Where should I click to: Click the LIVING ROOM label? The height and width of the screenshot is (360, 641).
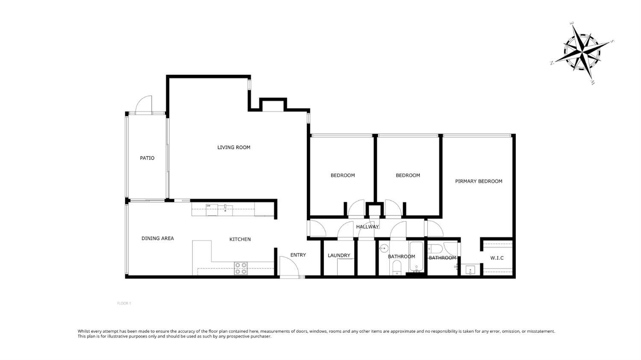pyautogui.click(x=234, y=148)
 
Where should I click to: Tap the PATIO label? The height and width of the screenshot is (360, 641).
pyautogui.click(x=147, y=158)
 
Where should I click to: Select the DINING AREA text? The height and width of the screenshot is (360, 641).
pyautogui.click(x=158, y=239)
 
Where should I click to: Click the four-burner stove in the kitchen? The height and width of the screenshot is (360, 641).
pyautogui.click(x=241, y=269)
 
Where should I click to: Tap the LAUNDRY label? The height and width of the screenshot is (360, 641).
pyautogui.click(x=339, y=256)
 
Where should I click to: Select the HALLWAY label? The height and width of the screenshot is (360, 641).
pyautogui.click(x=368, y=227)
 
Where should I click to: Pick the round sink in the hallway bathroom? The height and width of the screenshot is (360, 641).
pyautogui.click(x=384, y=248)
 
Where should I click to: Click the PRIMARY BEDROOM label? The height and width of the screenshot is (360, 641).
pyautogui.click(x=479, y=181)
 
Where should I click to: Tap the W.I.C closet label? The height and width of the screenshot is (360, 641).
pyautogui.click(x=497, y=258)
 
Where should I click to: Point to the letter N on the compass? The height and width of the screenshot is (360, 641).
pyautogui.click(x=552, y=63)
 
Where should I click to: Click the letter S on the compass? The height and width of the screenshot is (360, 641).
pyautogui.click(x=612, y=41)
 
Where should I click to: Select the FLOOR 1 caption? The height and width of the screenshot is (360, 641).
pyautogui.click(x=124, y=304)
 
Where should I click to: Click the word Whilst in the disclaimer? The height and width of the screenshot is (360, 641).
pyautogui.click(x=84, y=331)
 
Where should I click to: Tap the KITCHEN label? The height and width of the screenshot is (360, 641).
pyautogui.click(x=240, y=239)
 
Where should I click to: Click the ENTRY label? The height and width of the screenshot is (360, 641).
pyautogui.click(x=298, y=255)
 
